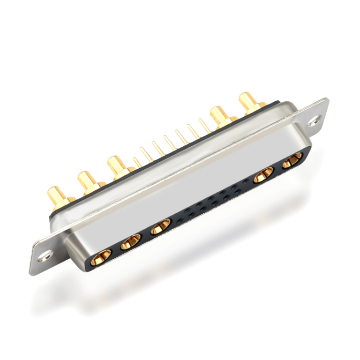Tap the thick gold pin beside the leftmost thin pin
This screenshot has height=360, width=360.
[116, 165]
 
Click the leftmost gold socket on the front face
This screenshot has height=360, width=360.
[101, 256]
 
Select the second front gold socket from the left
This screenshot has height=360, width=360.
[131, 242]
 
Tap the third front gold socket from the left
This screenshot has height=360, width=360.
[160, 227]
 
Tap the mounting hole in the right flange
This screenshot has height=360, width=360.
[315, 120]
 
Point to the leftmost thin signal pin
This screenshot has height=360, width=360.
[136, 162]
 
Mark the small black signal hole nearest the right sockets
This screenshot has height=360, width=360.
[246, 181]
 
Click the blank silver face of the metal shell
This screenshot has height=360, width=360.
[187, 187]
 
